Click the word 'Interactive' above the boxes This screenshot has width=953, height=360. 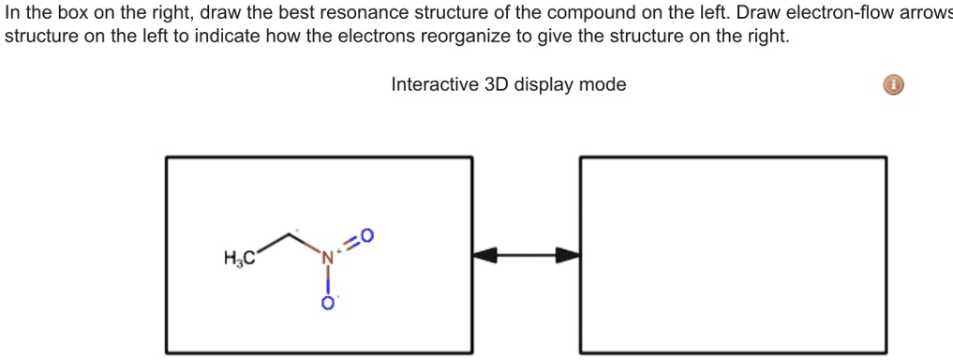[433, 85]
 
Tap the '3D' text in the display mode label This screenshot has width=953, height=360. [494, 85]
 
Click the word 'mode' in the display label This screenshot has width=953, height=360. [603, 85]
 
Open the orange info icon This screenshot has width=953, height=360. [895, 86]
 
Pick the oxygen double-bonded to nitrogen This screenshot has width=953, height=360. [366, 234]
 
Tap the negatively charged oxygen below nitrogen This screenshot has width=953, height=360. [328, 304]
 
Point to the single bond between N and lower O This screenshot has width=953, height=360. [328, 280]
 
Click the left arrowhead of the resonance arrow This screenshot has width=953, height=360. [484, 254]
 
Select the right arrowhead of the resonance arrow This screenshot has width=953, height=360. [568, 254]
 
